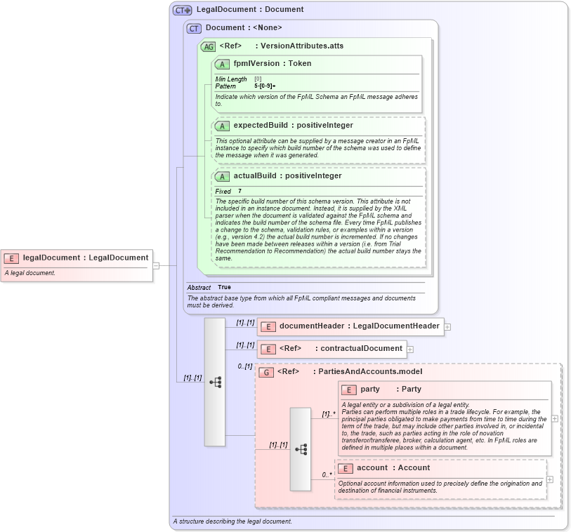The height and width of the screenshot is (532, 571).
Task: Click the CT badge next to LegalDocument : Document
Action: (x=182, y=10)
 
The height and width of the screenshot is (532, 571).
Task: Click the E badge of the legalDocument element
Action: (x=11, y=258)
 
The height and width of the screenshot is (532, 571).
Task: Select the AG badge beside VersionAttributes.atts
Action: (x=208, y=46)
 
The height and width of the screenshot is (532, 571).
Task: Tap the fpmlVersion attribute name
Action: (x=256, y=63)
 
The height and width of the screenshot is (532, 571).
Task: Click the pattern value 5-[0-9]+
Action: (x=265, y=86)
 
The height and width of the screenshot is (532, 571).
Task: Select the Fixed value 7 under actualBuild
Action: (x=239, y=191)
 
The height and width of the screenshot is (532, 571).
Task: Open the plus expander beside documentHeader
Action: (x=447, y=326)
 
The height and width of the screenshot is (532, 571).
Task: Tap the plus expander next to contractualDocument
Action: (x=410, y=349)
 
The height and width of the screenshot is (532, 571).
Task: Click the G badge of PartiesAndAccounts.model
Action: (x=265, y=372)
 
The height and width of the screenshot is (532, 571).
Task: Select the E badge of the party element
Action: (x=348, y=390)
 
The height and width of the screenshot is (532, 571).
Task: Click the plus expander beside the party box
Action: (x=555, y=418)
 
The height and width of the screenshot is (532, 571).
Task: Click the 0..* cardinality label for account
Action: (x=327, y=474)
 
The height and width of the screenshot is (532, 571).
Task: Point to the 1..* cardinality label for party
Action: (x=328, y=414)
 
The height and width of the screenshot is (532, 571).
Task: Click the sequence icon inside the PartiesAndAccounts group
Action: (x=301, y=448)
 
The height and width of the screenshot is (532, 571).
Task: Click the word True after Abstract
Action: (x=224, y=287)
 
